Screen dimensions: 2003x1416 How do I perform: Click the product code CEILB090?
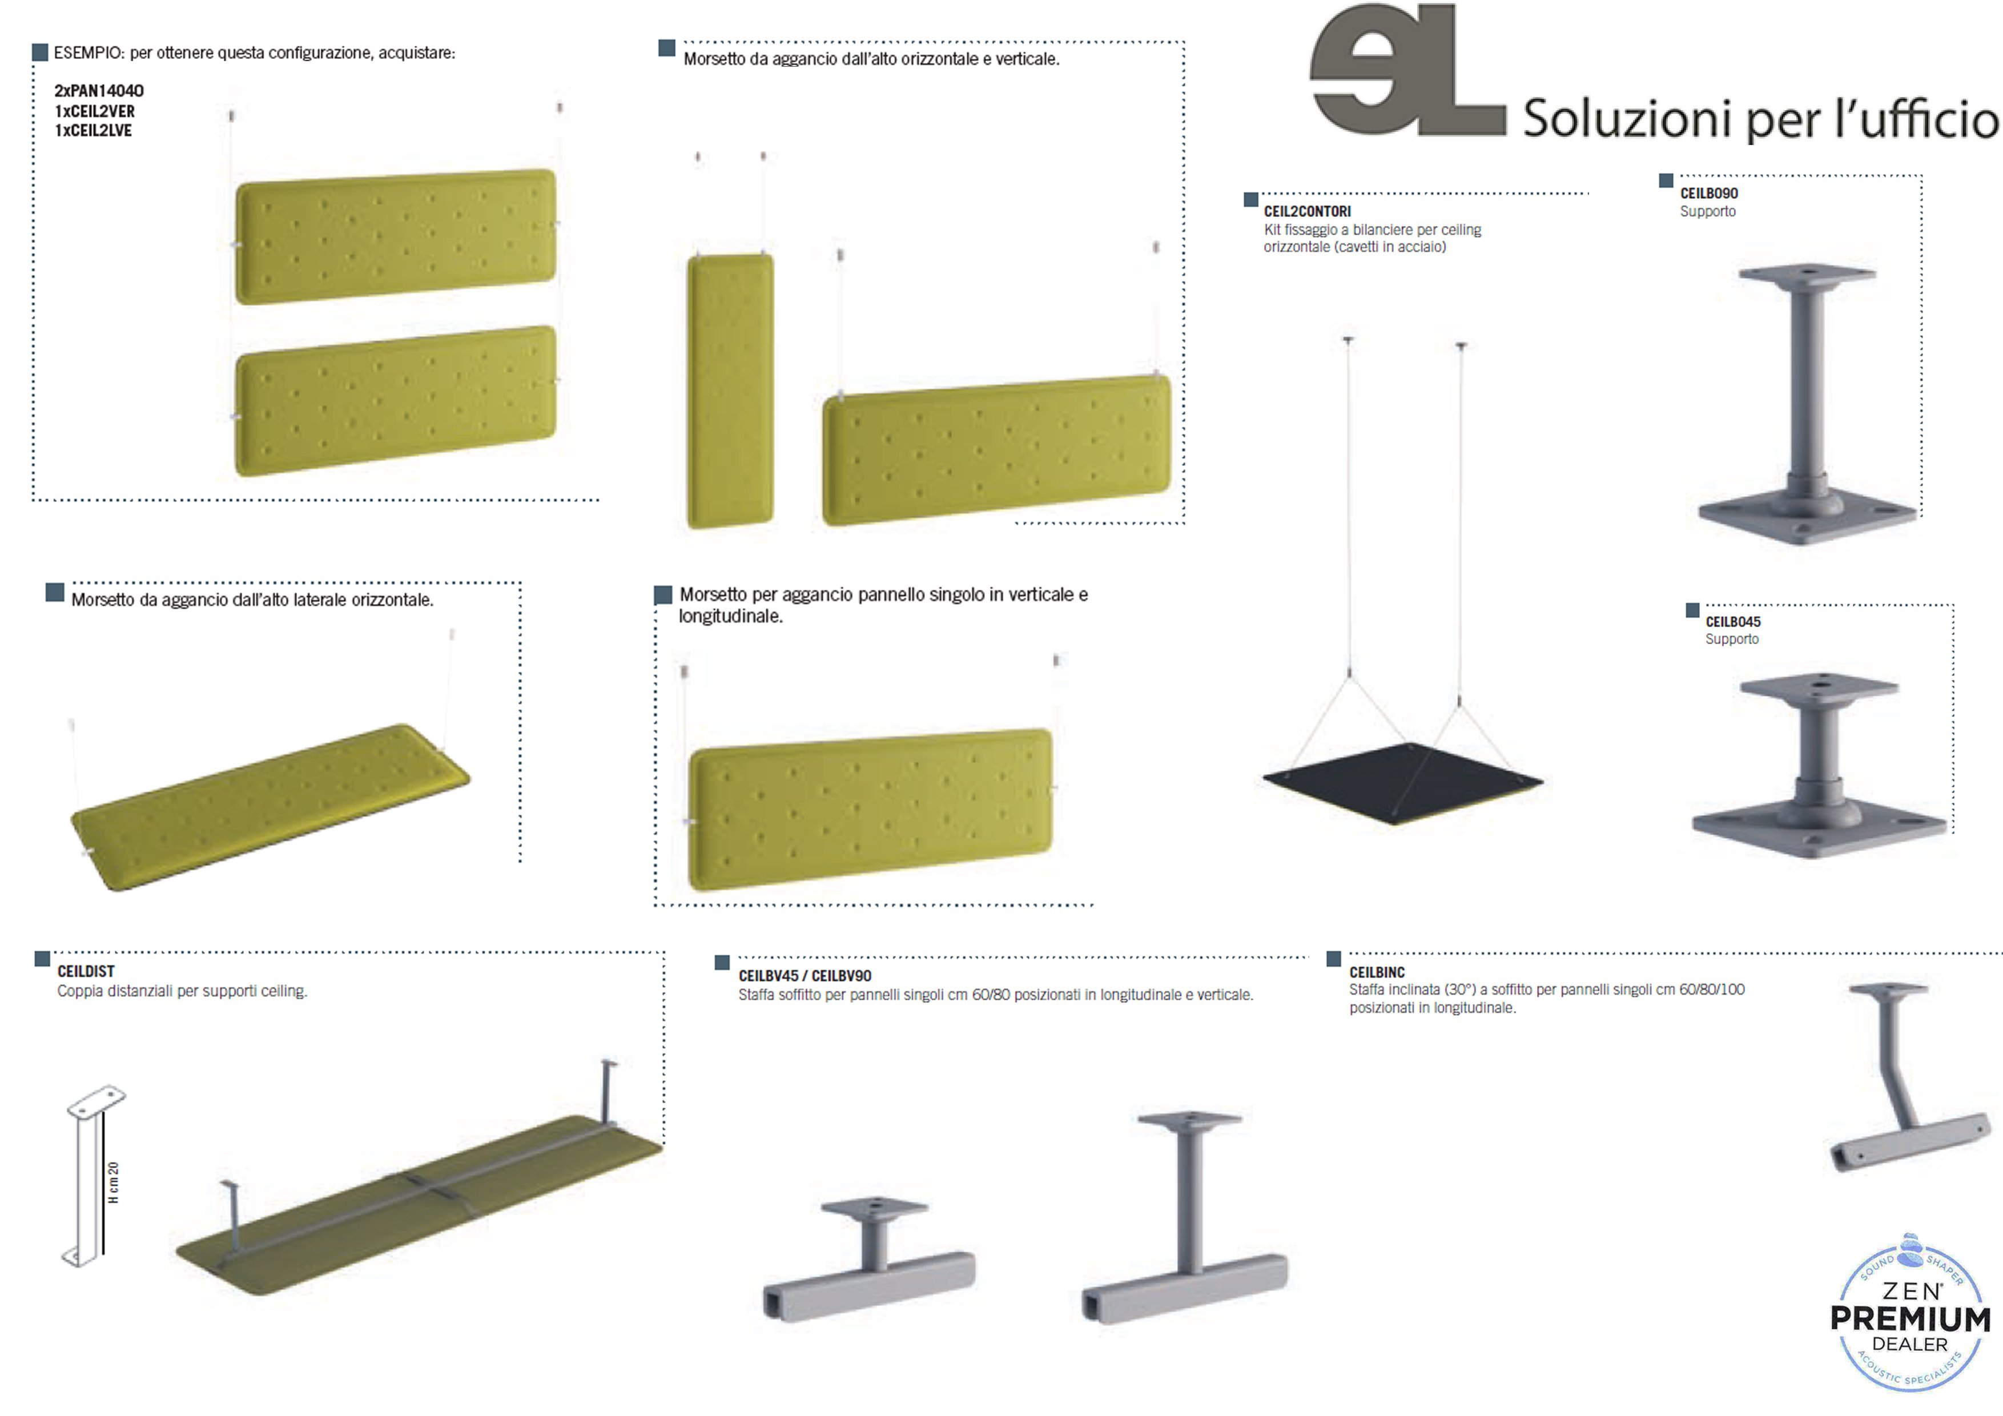pyautogui.click(x=1708, y=194)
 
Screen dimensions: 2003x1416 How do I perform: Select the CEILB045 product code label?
pyautogui.click(x=1732, y=622)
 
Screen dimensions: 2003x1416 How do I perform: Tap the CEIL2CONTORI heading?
pyautogui.click(x=1307, y=211)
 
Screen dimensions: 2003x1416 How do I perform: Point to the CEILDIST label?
pyautogui.click(x=86, y=971)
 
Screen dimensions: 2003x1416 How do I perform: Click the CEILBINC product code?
pyautogui.click(x=1377, y=972)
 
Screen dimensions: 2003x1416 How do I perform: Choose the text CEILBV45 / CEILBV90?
pyautogui.click(x=805, y=975)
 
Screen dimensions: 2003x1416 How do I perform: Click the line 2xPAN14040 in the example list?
pyautogui.click(x=99, y=91)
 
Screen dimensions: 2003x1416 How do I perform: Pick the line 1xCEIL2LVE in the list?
pyautogui.click(x=93, y=131)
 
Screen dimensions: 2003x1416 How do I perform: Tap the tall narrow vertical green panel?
pyautogui.click(x=730, y=391)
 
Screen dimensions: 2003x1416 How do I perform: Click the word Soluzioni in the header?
pyautogui.click(x=1627, y=119)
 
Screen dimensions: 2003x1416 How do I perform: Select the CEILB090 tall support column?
pyautogui.click(x=1807, y=404)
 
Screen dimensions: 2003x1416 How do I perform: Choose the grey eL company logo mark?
pyautogui.click(x=1407, y=70)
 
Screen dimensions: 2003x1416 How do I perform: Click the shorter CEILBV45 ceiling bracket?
pyautogui.click(x=869, y=1259)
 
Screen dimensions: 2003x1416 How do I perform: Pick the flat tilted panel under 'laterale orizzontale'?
pyautogui.click(x=271, y=807)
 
